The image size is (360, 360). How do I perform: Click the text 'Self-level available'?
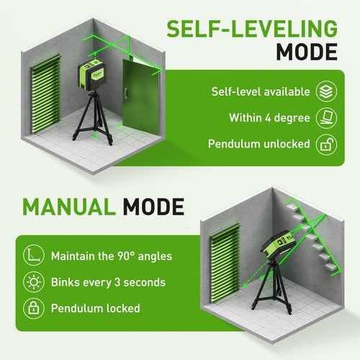[x=260, y=91]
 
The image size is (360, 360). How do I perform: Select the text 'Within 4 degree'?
[x=269, y=117]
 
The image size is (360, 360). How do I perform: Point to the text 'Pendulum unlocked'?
[x=258, y=143]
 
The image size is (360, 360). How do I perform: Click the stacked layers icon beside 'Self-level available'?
[x=324, y=91]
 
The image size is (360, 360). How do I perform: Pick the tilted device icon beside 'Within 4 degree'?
[x=324, y=117]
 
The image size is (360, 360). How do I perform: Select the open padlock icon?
[x=324, y=143]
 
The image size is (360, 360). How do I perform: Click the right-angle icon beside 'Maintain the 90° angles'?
[x=33, y=255]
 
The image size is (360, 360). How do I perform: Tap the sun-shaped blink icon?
[x=33, y=282]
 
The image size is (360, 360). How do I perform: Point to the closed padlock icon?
[x=33, y=308]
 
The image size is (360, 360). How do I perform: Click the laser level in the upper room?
[x=94, y=75]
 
